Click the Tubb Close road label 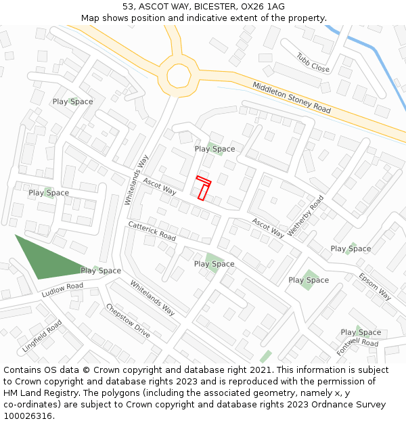point(313,63)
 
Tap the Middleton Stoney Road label point(292,97)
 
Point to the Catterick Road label point(152,231)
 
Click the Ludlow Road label point(62,290)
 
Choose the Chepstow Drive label point(128,321)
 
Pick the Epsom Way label point(375,286)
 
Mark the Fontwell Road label point(357,347)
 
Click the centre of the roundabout point(179,75)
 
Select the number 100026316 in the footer point(28,416)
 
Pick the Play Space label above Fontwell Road point(361,332)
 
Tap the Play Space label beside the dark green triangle point(101,271)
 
